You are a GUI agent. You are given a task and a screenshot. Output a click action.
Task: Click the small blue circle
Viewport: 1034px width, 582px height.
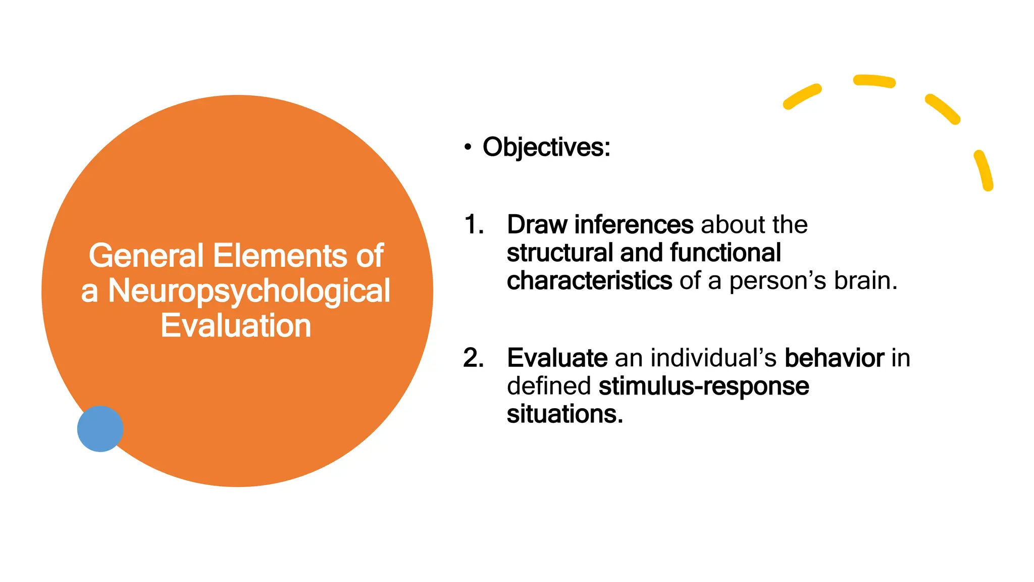pos(100,428)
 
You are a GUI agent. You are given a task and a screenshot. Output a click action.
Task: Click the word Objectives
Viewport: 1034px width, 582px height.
pos(546,148)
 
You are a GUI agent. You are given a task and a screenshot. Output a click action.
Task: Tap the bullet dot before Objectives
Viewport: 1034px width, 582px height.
pos(468,148)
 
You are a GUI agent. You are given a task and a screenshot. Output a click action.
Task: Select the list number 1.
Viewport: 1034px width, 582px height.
pos(473,224)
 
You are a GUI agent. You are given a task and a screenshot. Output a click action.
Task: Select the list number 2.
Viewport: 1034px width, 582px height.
pos(473,358)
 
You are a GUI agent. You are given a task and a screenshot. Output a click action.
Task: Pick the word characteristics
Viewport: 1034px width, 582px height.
pos(589,280)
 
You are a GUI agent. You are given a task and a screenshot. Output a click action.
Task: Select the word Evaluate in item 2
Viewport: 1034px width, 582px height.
pos(557,358)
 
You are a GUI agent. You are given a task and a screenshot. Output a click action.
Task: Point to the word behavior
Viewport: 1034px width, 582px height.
pos(834,358)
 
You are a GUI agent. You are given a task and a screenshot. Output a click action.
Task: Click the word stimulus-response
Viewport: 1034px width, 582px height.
pos(703,386)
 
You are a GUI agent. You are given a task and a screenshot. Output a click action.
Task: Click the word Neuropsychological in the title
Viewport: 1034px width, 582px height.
pos(249,291)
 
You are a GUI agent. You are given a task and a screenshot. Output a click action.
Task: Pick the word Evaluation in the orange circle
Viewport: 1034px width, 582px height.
pos(236,325)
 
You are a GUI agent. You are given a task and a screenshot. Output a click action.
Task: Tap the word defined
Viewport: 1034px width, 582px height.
pos(548,386)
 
